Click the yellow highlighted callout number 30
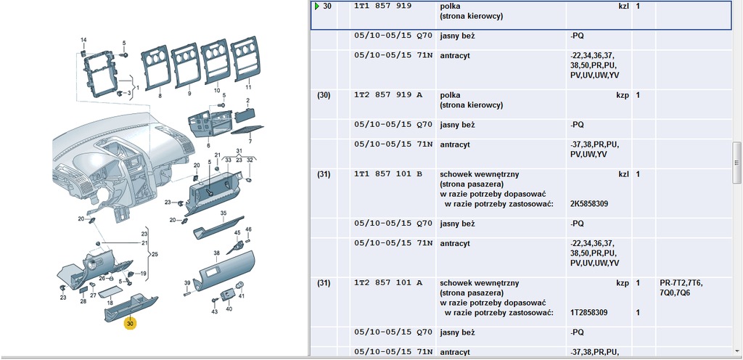[x=130, y=324]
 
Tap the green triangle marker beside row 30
[x=316, y=6]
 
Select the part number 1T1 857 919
[x=382, y=6]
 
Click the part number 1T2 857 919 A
[x=387, y=95]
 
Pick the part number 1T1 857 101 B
[x=387, y=174]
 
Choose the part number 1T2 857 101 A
[x=387, y=282]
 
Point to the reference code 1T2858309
[x=589, y=312]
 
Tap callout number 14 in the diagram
[x=83, y=39]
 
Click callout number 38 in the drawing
[x=216, y=253]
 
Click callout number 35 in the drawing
[x=223, y=213]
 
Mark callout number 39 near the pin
[x=186, y=283]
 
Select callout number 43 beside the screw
[x=214, y=311]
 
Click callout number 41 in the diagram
[x=242, y=296]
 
